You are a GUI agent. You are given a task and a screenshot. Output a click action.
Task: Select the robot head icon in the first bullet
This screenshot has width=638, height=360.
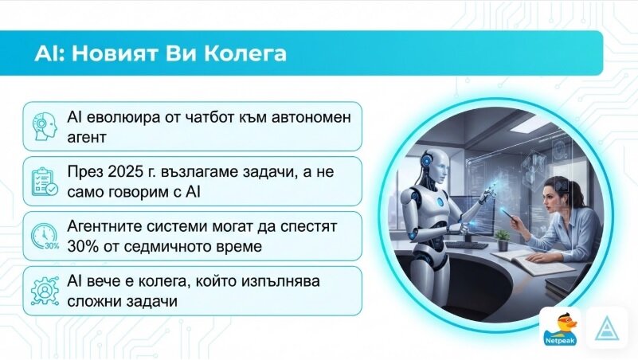pos(45,127)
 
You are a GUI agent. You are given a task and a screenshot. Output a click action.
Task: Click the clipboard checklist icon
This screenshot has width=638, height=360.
pos(45,182)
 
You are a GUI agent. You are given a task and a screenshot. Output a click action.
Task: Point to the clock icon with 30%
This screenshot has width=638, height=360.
pos(45,237)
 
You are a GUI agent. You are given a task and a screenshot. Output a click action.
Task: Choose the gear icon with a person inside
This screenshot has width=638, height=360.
pos(45,291)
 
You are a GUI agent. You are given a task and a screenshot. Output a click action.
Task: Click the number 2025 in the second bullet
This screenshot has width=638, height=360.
pos(123,172)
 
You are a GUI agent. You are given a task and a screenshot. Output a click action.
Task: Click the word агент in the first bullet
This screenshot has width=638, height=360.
pos(87,138)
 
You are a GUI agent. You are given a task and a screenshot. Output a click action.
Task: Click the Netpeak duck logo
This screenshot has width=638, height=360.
pos(559,328)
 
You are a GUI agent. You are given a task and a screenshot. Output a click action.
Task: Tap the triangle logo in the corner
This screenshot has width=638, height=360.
pos(606,328)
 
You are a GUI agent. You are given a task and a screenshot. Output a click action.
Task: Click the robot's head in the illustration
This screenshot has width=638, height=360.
pos(436,164)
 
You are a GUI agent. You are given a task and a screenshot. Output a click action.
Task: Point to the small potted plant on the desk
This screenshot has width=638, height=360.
pos(503,240)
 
